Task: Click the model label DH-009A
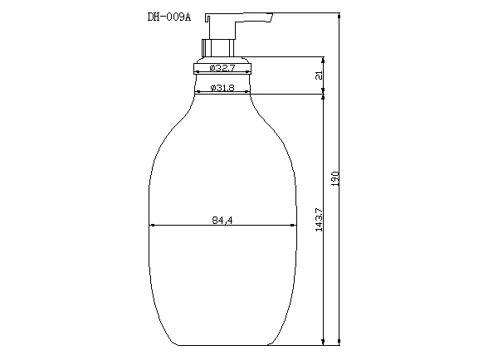click(163, 18)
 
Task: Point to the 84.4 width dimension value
click(222, 220)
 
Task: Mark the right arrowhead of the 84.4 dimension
click(293, 226)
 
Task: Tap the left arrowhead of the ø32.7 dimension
click(196, 73)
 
